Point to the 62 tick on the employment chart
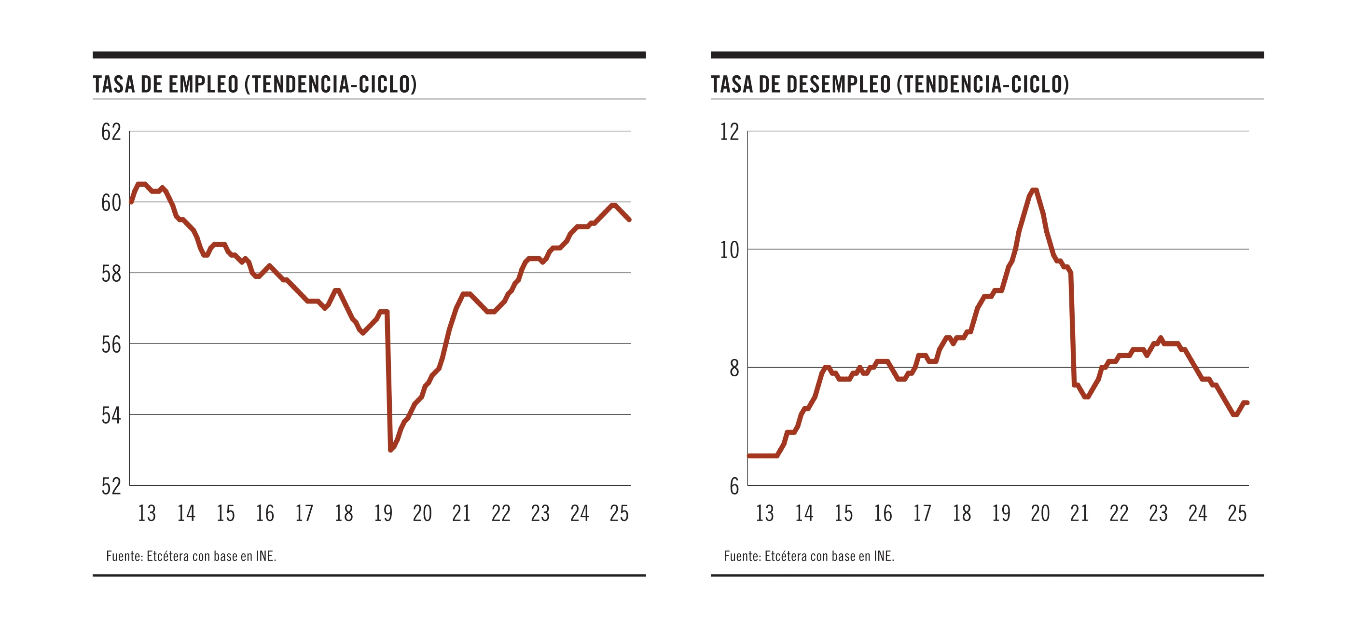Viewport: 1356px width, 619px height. pyautogui.click(x=111, y=132)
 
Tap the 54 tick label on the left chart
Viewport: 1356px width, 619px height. pyautogui.click(x=111, y=416)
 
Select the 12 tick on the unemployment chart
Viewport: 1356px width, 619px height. pyautogui.click(x=730, y=132)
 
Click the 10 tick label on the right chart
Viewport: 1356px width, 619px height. pyautogui.click(x=730, y=250)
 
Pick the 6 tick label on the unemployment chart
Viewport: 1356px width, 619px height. pyautogui.click(x=734, y=486)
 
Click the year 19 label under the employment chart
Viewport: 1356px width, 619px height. pyautogui.click(x=383, y=513)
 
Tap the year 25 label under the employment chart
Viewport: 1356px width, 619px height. pyautogui.click(x=619, y=513)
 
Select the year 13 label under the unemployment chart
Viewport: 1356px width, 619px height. pyautogui.click(x=765, y=513)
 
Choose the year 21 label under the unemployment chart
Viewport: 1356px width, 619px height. pyautogui.click(x=1079, y=513)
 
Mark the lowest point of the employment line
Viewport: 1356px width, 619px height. pyautogui.click(x=390, y=450)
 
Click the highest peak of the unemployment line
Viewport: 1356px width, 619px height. pyautogui.click(x=1034, y=190)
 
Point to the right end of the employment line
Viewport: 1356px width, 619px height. pyautogui.click(x=629, y=220)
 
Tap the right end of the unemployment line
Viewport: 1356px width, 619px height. pyautogui.click(x=1247, y=403)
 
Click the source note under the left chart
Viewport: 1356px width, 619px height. pyautogui.click(x=191, y=556)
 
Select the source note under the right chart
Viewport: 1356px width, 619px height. pyautogui.click(x=809, y=556)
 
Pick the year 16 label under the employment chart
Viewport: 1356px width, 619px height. pyautogui.click(x=265, y=513)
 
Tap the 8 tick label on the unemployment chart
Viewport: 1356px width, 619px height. pyautogui.click(x=734, y=369)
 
